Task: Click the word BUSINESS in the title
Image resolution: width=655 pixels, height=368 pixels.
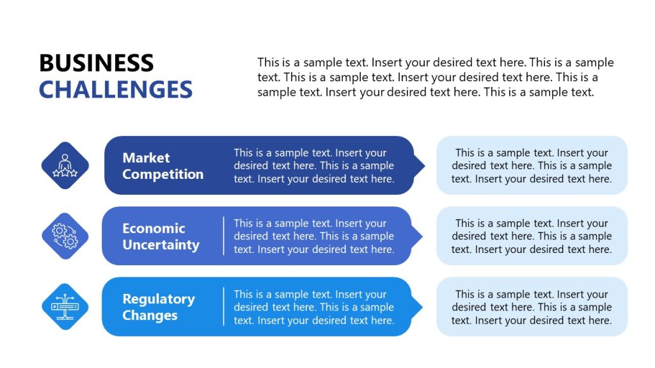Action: point(96,63)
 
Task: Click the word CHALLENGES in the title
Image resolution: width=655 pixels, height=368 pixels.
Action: point(116,89)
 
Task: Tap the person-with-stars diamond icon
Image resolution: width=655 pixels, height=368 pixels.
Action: point(65,165)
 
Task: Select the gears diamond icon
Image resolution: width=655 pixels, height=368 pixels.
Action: point(65,236)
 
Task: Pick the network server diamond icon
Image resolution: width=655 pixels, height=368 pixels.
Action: point(65,307)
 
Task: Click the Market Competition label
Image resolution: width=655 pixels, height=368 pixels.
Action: point(162,166)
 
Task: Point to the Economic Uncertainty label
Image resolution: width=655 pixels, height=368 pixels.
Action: point(161,236)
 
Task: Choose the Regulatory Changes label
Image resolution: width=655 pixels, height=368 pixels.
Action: point(158,307)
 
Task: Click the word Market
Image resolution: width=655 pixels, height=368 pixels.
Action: point(146,158)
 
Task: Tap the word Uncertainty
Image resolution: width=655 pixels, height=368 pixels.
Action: point(161,245)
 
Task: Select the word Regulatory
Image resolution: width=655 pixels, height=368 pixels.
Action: point(158,299)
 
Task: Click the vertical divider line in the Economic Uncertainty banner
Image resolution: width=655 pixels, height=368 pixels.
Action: point(223,236)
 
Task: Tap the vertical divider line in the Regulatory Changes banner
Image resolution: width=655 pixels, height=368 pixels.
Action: point(223,307)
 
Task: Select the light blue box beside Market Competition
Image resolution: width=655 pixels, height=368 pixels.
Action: point(532,165)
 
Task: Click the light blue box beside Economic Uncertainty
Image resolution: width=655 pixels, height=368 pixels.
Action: point(532,236)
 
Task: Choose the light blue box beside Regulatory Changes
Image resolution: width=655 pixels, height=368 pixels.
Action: point(532,307)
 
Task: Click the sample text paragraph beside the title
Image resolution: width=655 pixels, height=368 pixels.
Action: point(435,77)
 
